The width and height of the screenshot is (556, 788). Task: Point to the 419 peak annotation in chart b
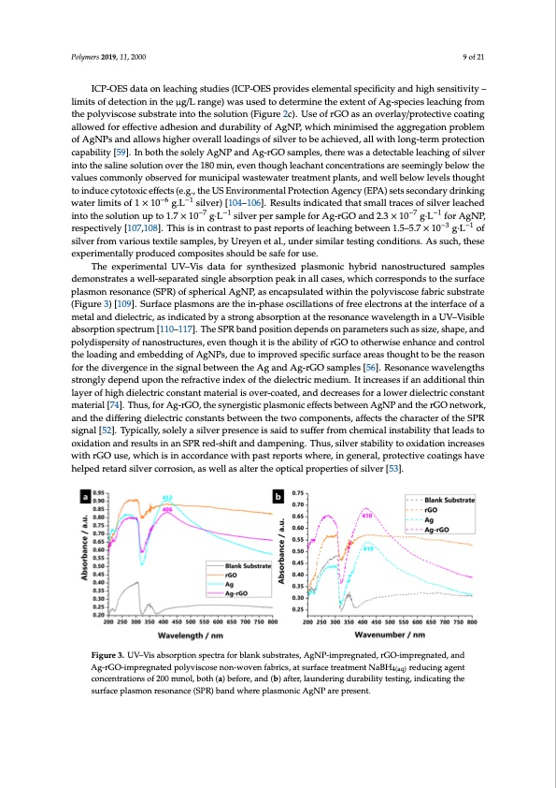368,575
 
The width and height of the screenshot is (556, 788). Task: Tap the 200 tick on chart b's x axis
309,620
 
